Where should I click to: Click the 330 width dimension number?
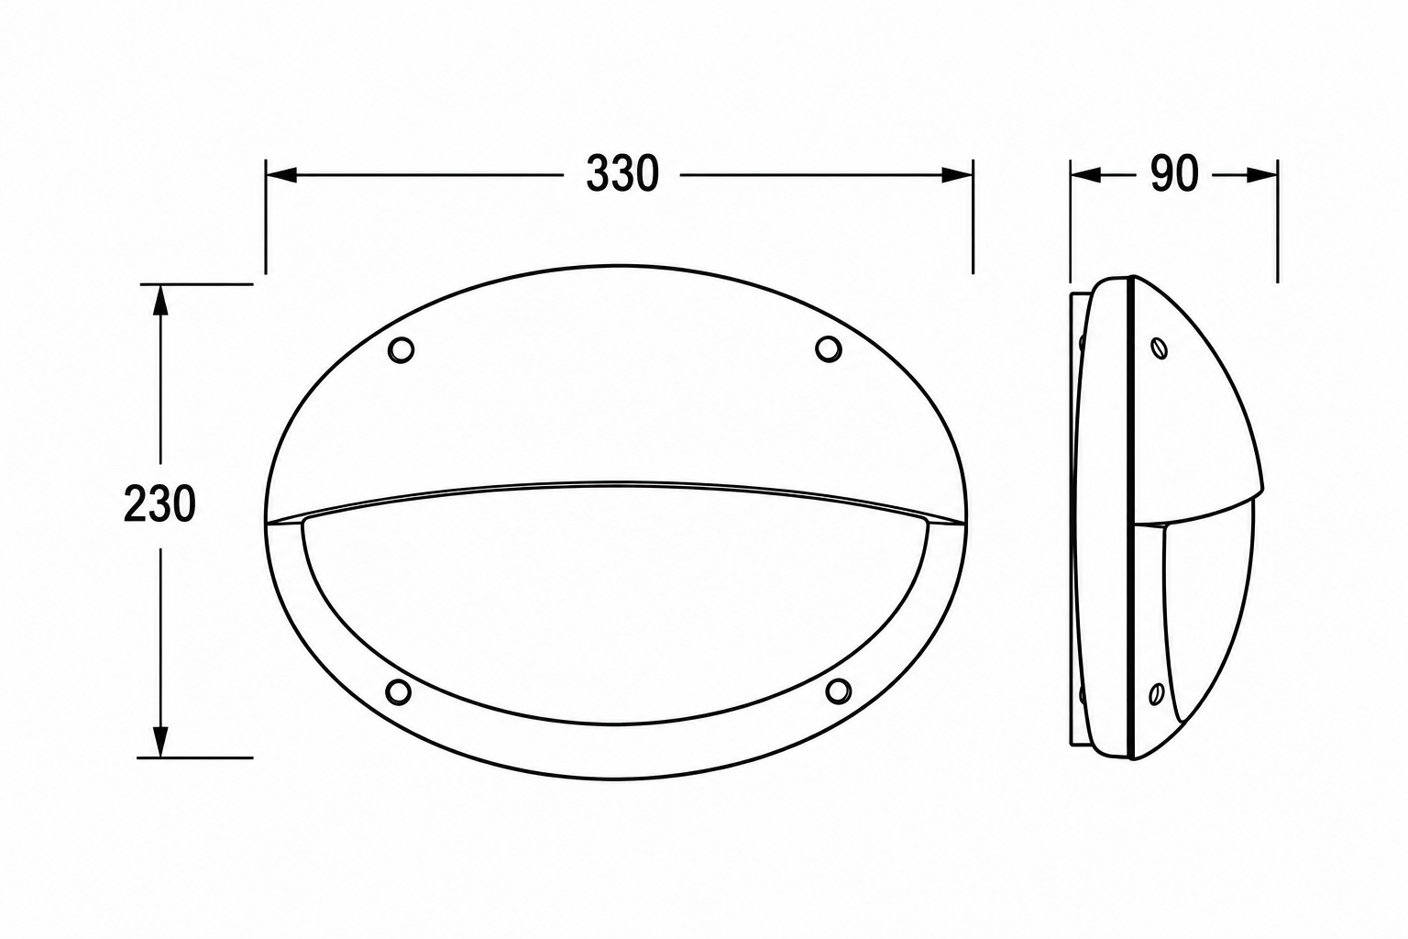[x=622, y=173]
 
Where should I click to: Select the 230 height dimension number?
[x=159, y=503]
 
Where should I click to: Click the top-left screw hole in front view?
[x=401, y=349]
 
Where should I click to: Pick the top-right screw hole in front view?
[x=829, y=348]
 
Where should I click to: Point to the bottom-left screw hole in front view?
[x=399, y=691]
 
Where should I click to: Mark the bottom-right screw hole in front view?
[x=839, y=690]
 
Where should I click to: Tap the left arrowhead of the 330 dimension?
[x=281, y=175]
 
